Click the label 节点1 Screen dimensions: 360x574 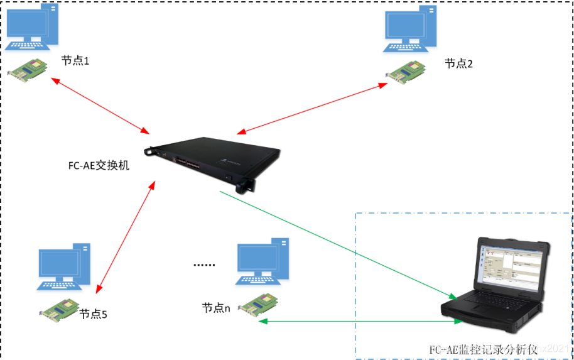(x=75, y=61)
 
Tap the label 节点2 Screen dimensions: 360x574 (x=458, y=63)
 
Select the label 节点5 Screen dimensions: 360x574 (x=94, y=314)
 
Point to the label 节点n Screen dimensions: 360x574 (x=216, y=308)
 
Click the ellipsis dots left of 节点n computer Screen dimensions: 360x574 (x=204, y=265)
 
